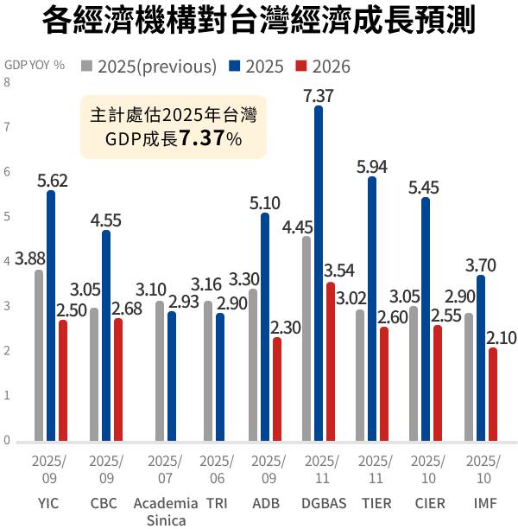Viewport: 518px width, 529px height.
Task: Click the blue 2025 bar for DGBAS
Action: tap(319, 273)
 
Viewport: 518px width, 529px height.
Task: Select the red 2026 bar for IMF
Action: tap(493, 394)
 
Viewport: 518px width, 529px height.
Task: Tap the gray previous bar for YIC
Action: tap(39, 355)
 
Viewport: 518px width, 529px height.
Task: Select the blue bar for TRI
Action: tap(220, 377)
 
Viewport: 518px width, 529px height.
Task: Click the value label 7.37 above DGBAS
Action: tap(319, 95)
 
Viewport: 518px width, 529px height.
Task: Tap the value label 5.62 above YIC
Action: tap(52, 181)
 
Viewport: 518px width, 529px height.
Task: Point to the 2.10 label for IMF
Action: tap(501, 337)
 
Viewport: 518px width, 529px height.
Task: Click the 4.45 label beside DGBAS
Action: tap(297, 227)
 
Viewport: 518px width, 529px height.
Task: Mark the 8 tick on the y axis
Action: tap(7, 83)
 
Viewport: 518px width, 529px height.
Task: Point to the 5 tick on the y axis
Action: tap(7, 217)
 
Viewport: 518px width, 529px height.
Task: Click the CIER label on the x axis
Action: tap(430, 503)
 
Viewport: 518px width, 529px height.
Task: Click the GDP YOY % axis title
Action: tap(35, 65)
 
